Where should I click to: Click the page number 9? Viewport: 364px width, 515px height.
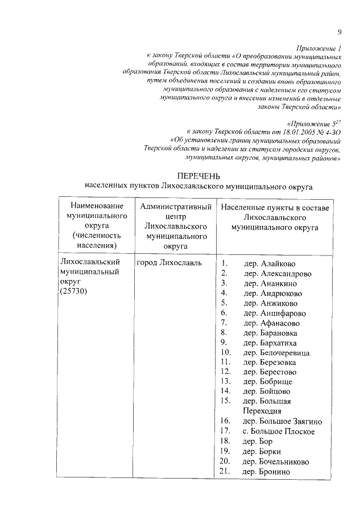[x=339, y=32]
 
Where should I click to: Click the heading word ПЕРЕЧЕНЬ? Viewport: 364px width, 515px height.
[x=198, y=175]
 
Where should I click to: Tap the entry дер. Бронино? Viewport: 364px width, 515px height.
[x=266, y=471]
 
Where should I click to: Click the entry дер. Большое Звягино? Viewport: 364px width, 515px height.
[x=283, y=422]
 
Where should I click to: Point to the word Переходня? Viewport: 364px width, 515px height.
[x=262, y=411]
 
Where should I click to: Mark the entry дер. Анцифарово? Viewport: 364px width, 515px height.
[x=275, y=313]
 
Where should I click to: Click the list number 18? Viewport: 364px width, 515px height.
[x=224, y=441]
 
